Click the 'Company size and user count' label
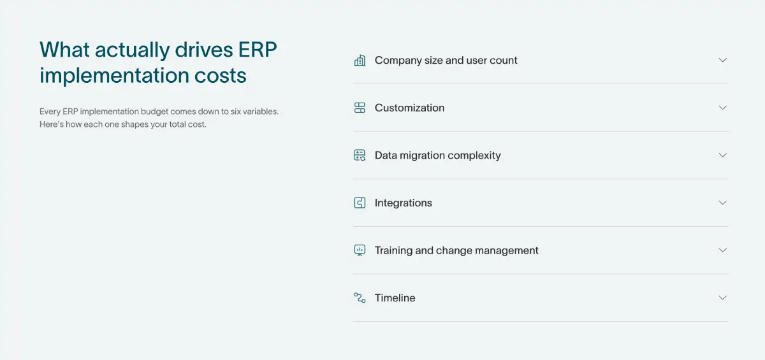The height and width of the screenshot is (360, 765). tap(446, 61)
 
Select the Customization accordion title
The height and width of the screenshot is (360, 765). tap(409, 108)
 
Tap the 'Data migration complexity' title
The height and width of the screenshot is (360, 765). tap(437, 155)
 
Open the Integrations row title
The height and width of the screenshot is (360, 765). tap(403, 203)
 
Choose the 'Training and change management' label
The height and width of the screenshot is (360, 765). tap(456, 250)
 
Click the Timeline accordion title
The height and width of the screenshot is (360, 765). tap(395, 298)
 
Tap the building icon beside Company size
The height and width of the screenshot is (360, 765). tap(360, 61)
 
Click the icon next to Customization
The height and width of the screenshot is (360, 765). tap(360, 108)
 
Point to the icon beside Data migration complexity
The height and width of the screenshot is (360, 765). tap(360, 155)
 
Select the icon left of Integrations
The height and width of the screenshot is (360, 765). tap(360, 203)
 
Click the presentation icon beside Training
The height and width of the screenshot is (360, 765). tap(360, 250)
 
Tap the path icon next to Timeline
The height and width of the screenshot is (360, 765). tap(360, 298)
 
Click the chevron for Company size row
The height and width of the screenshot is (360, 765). tap(722, 60)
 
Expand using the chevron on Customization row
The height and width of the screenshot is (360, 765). tap(722, 108)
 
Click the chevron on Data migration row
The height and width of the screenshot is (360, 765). tap(722, 155)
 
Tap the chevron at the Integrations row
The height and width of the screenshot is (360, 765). tap(722, 203)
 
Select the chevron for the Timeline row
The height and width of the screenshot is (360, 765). tap(722, 298)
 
